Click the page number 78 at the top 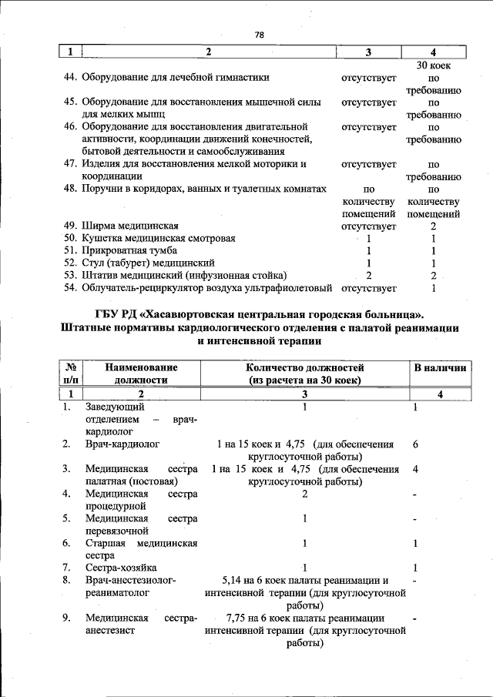coord(259,34)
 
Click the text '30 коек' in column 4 coord(433,65)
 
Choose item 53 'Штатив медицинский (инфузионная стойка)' coord(184,276)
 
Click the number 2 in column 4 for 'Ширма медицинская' coord(434,226)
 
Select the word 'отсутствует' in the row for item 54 coord(368,288)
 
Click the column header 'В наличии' coord(440,368)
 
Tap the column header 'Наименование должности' coord(142,374)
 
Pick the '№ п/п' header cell coord(70,374)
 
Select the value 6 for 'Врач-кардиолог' coord(416,444)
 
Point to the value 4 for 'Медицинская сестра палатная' coord(416,469)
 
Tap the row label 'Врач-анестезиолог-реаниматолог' coord(131,586)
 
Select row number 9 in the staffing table coord(68,618)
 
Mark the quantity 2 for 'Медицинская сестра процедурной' coord(305,494)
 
